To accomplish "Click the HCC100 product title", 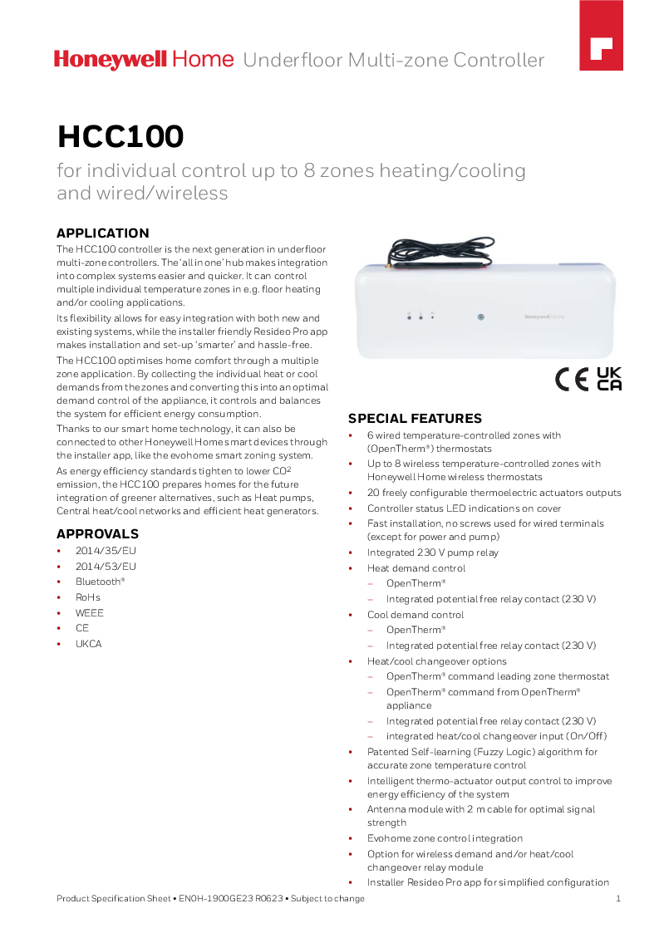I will tap(120, 137).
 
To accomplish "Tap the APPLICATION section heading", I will tap(102, 233).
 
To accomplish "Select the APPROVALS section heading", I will tap(97, 534).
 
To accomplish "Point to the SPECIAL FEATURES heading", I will tap(415, 419).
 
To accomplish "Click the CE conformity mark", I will tap(572, 379).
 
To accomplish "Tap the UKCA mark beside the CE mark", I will tap(609, 378).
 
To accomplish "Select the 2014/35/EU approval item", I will tap(106, 551).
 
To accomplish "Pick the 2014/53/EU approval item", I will tap(106, 567).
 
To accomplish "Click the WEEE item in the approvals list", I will tap(90, 613).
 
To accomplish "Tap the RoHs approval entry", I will tap(88, 597).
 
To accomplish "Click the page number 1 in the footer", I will tap(618, 898).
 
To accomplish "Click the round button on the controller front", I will tap(480, 317).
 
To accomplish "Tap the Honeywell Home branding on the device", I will tap(544, 317).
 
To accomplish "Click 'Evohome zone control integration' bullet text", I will tap(445, 838).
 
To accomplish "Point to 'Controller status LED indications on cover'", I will tap(464, 508).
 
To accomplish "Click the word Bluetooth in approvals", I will tap(99, 582).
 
